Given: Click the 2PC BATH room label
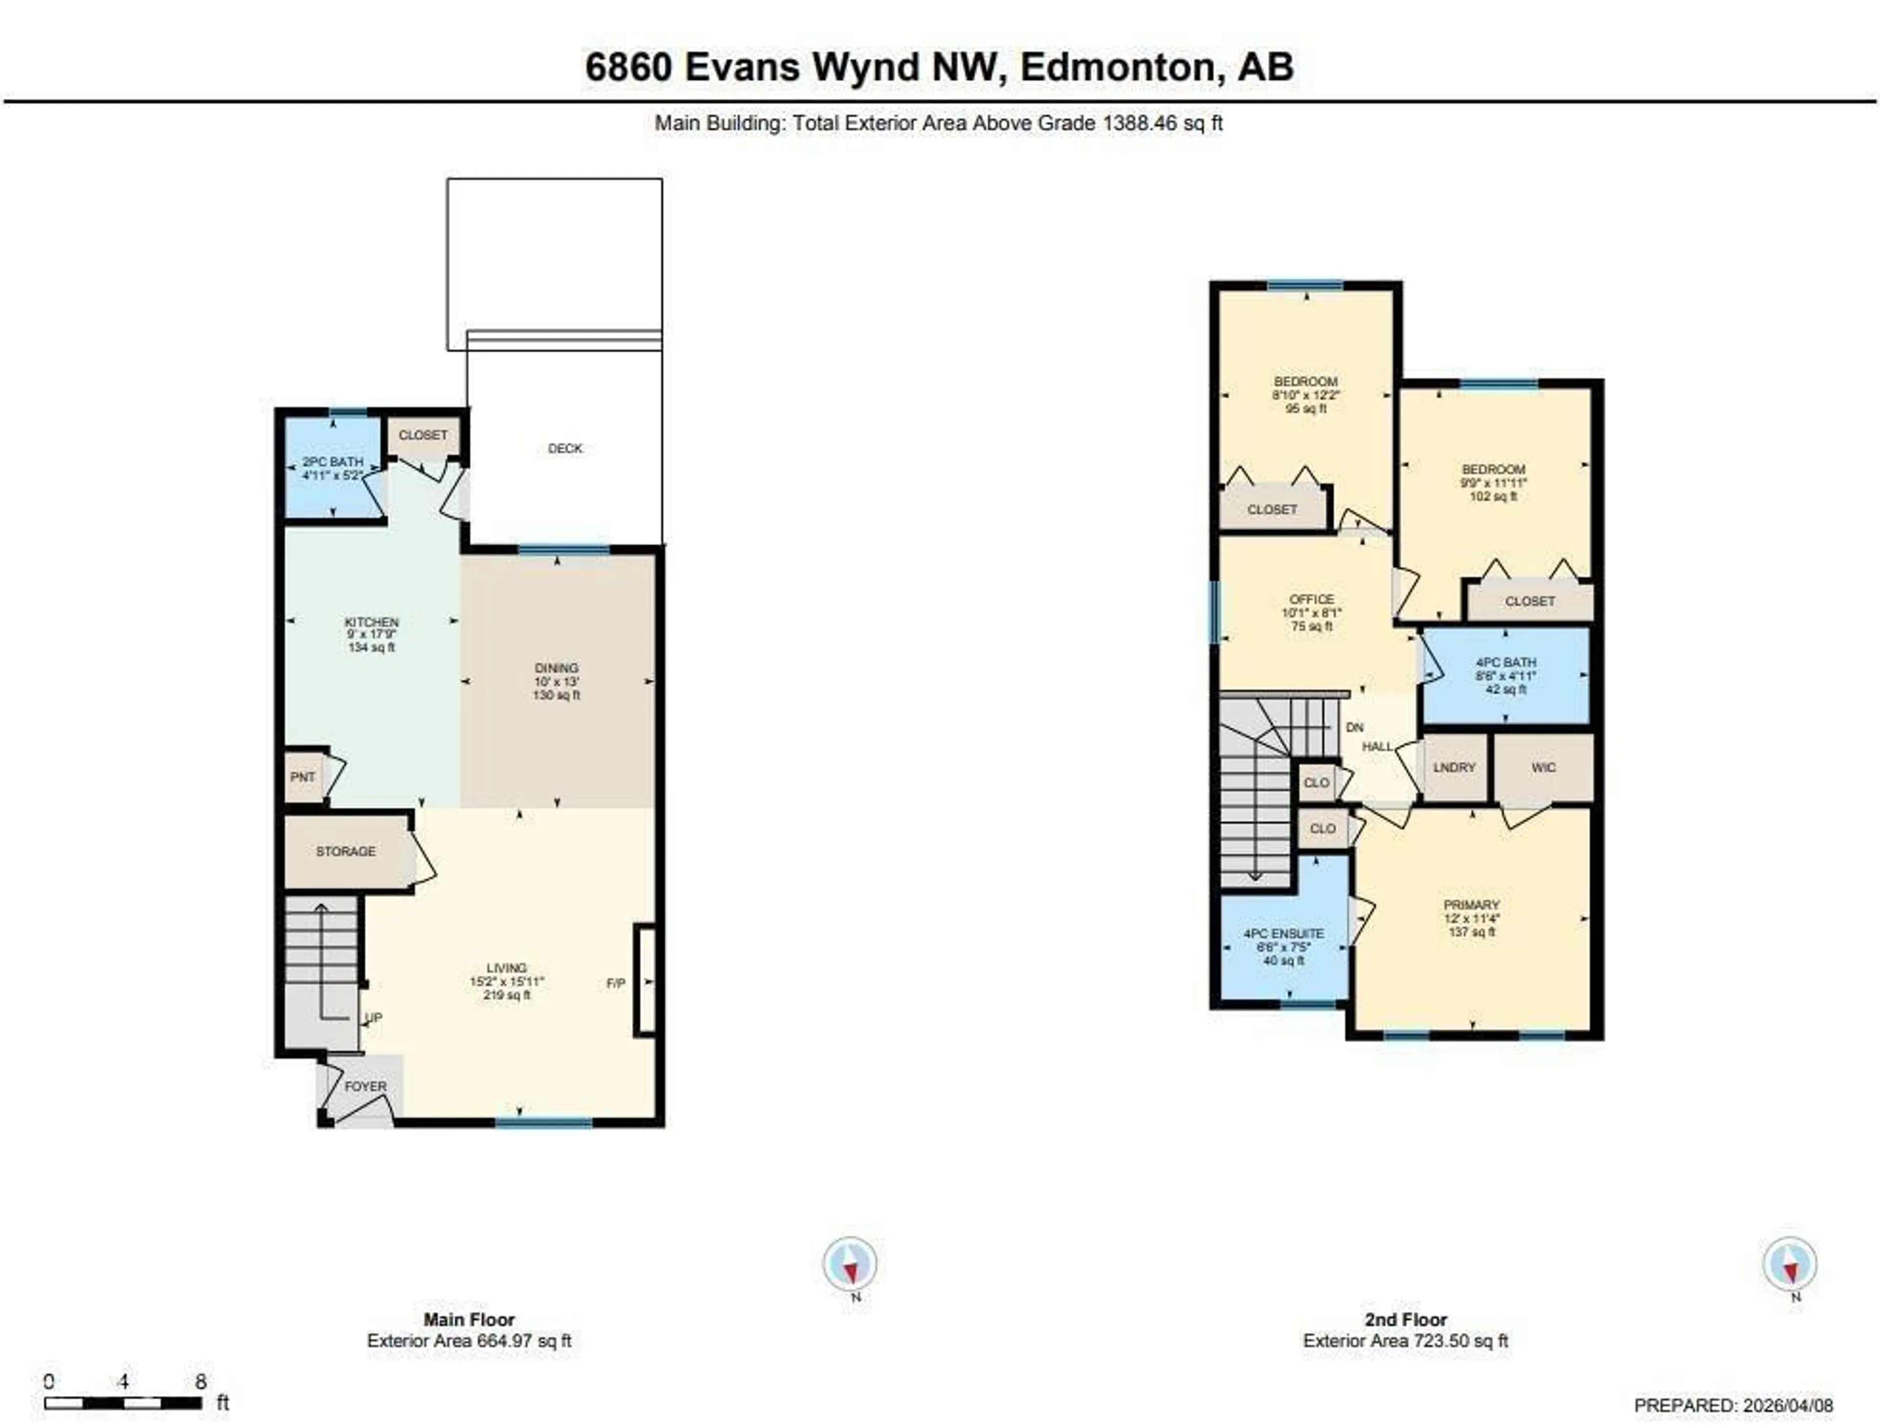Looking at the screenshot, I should coord(332,462).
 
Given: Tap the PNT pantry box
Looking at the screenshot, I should coord(303,777).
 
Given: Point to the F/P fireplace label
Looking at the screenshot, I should coord(615,983).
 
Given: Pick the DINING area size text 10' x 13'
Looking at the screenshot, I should coord(557,681).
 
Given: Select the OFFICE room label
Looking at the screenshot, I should coord(1312,599).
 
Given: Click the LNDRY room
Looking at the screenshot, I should coord(1454,767).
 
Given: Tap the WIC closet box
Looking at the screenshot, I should coord(1544,767).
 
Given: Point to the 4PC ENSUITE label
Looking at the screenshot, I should coord(1283,933).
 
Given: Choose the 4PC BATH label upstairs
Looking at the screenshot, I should coord(1505,662).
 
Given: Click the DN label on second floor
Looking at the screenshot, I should coord(1355,727).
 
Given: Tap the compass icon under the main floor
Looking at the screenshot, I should coord(850,1263).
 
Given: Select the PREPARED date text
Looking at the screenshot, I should coord(1733,1405).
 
